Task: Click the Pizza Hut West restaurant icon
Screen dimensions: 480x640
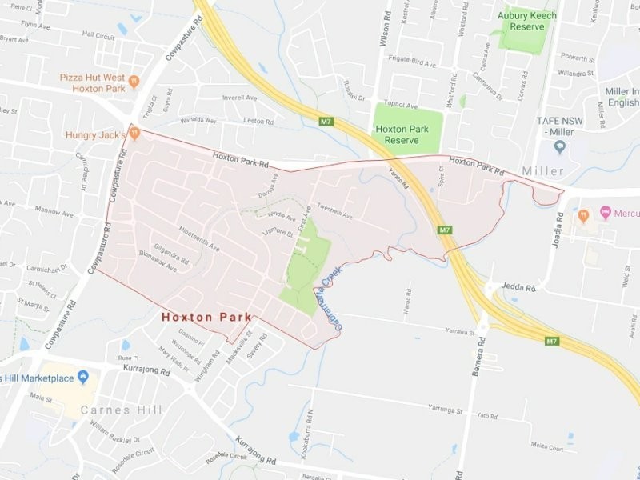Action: [134, 80]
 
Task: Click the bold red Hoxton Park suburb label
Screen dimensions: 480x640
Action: [206, 317]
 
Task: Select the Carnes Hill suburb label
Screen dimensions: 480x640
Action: [121, 410]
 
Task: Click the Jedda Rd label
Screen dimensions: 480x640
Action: [518, 286]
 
